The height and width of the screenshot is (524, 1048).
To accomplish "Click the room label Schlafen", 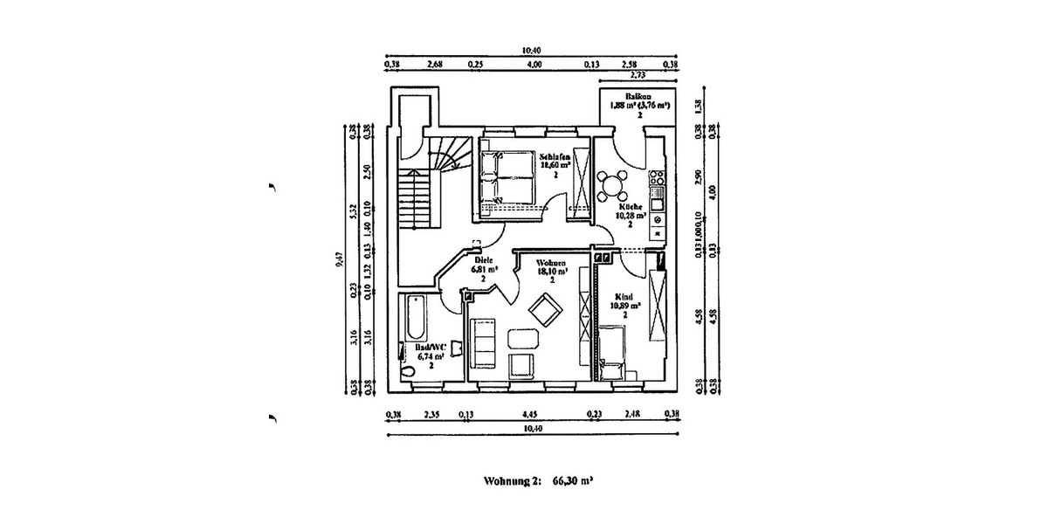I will [555, 155].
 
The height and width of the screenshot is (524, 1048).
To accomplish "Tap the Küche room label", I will [631, 207].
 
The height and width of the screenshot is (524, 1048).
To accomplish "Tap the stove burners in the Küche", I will [656, 187].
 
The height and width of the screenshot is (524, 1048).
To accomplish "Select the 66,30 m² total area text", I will [573, 480].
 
